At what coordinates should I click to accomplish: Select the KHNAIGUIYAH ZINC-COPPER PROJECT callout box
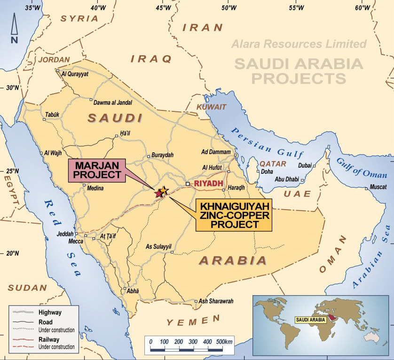point(234,215)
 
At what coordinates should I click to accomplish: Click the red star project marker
point(158,193)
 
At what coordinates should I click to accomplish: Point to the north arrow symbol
point(14,28)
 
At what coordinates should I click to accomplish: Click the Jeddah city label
point(65,234)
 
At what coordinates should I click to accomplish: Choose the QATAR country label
point(273,164)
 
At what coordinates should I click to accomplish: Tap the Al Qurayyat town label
point(75,73)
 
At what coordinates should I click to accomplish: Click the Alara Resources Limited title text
point(299,44)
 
